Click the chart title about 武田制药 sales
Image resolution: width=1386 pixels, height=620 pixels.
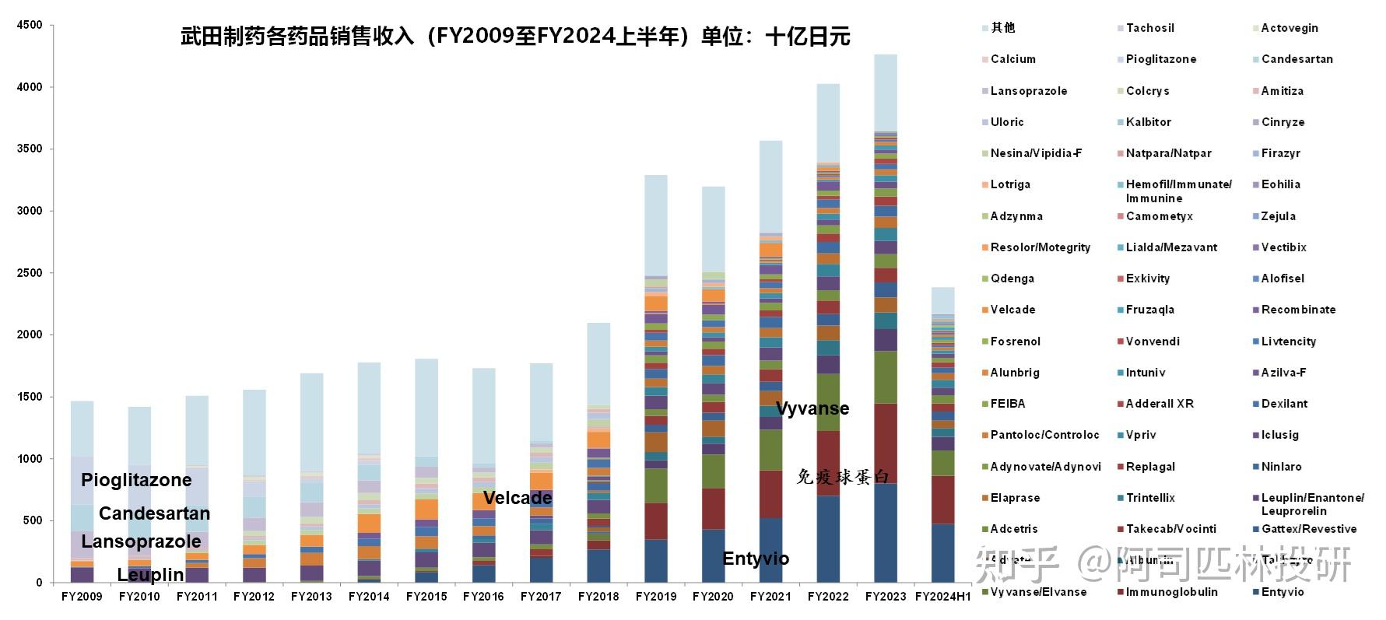click(x=515, y=37)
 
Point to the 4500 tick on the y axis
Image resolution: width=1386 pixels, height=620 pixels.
click(x=30, y=25)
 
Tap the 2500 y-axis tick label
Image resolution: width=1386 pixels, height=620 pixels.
click(x=30, y=273)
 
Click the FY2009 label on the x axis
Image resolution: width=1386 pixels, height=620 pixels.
click(x=82, y=597)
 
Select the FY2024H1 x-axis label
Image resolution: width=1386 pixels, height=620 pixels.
click(x=942, y=597)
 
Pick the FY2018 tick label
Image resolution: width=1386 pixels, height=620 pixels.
click(x=598, y=597)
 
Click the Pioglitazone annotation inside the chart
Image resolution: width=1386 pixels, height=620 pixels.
click(x=136, y=480)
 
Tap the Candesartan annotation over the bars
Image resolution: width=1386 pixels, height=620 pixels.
click(x=154, y=513)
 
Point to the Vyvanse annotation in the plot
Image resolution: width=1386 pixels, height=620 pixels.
click(x=812, y=408)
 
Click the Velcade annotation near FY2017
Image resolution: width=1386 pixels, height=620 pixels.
click(x=518, y=498)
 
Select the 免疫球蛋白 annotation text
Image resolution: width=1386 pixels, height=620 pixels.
click(x=842, y=477)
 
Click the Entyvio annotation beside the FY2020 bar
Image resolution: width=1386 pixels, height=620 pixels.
click(x=755, y=559)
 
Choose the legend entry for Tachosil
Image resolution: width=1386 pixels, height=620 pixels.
click(x=1149, y=28)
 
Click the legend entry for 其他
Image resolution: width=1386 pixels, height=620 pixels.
click(x=1002, y=28)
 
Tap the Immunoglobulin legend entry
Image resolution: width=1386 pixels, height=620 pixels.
click(x=1171, y=592)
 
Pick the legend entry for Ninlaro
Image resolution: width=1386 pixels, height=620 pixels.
click(x=1281, y=467)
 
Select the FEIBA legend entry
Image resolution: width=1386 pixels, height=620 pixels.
click(x=1007, y=404)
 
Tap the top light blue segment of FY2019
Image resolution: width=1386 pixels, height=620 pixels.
click(x=656, y=226)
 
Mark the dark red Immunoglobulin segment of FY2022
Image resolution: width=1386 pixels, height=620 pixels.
click(x=828, y=464)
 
